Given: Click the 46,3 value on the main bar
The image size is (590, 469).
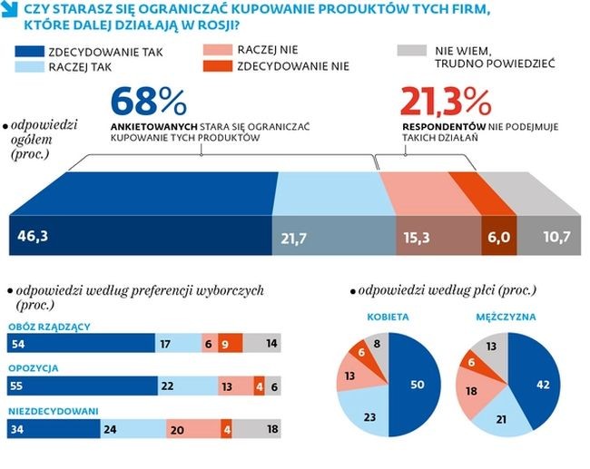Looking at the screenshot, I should (32, 239).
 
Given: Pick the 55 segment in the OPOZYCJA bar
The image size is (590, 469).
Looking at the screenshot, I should (82, 385).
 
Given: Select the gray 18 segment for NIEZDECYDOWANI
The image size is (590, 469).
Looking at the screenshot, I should (262, 429).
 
